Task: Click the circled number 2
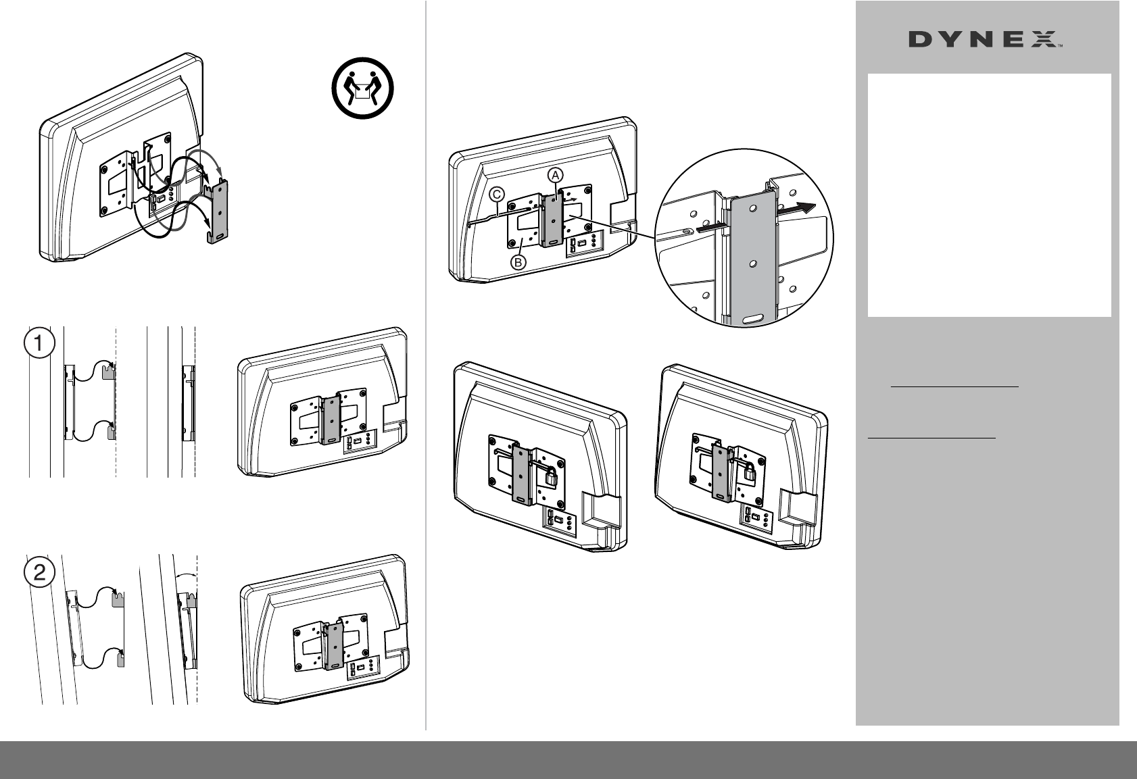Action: click(40, 573)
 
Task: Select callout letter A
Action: click(555, 174)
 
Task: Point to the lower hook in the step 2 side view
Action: click(120, 657)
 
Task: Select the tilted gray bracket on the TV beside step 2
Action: click(333, 645)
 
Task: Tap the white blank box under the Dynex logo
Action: click(989, 195)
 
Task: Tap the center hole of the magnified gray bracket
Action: click(752, 260)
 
